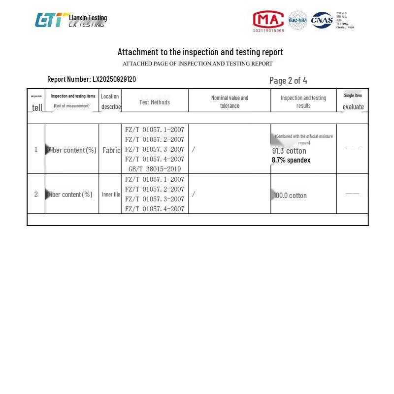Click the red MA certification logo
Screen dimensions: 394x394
(x=268, y=20)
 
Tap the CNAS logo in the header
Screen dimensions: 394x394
(x=322, y=20)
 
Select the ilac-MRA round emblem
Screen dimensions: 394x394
(x=297, y=20)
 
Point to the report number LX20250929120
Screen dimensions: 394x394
(x=114, y=79)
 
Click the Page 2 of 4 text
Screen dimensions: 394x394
(x=288, y=80)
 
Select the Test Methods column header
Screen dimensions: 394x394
(x=155, y=102)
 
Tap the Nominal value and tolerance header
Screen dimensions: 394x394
(x=230, y=101)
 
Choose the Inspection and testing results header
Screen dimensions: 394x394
(x=303, y=101)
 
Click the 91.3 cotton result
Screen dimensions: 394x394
(x=289, y=151)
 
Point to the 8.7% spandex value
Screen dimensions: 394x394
(x=291, y=160)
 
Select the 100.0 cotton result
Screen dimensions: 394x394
(x=290, y=196)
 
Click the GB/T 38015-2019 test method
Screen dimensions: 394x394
(x=155, y=169)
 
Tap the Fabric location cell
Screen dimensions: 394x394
(x=111, y=150)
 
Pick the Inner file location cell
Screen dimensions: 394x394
(x=111, y=195)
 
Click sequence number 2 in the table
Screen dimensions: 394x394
(x=36, y=194)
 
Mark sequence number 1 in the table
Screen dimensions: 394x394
(x=36, y=149)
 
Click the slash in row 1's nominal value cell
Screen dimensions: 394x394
(x=194, y=149)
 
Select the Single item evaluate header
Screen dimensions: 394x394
(x=353, y=101)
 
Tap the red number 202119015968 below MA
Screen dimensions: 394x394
(x=268, y=31)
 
